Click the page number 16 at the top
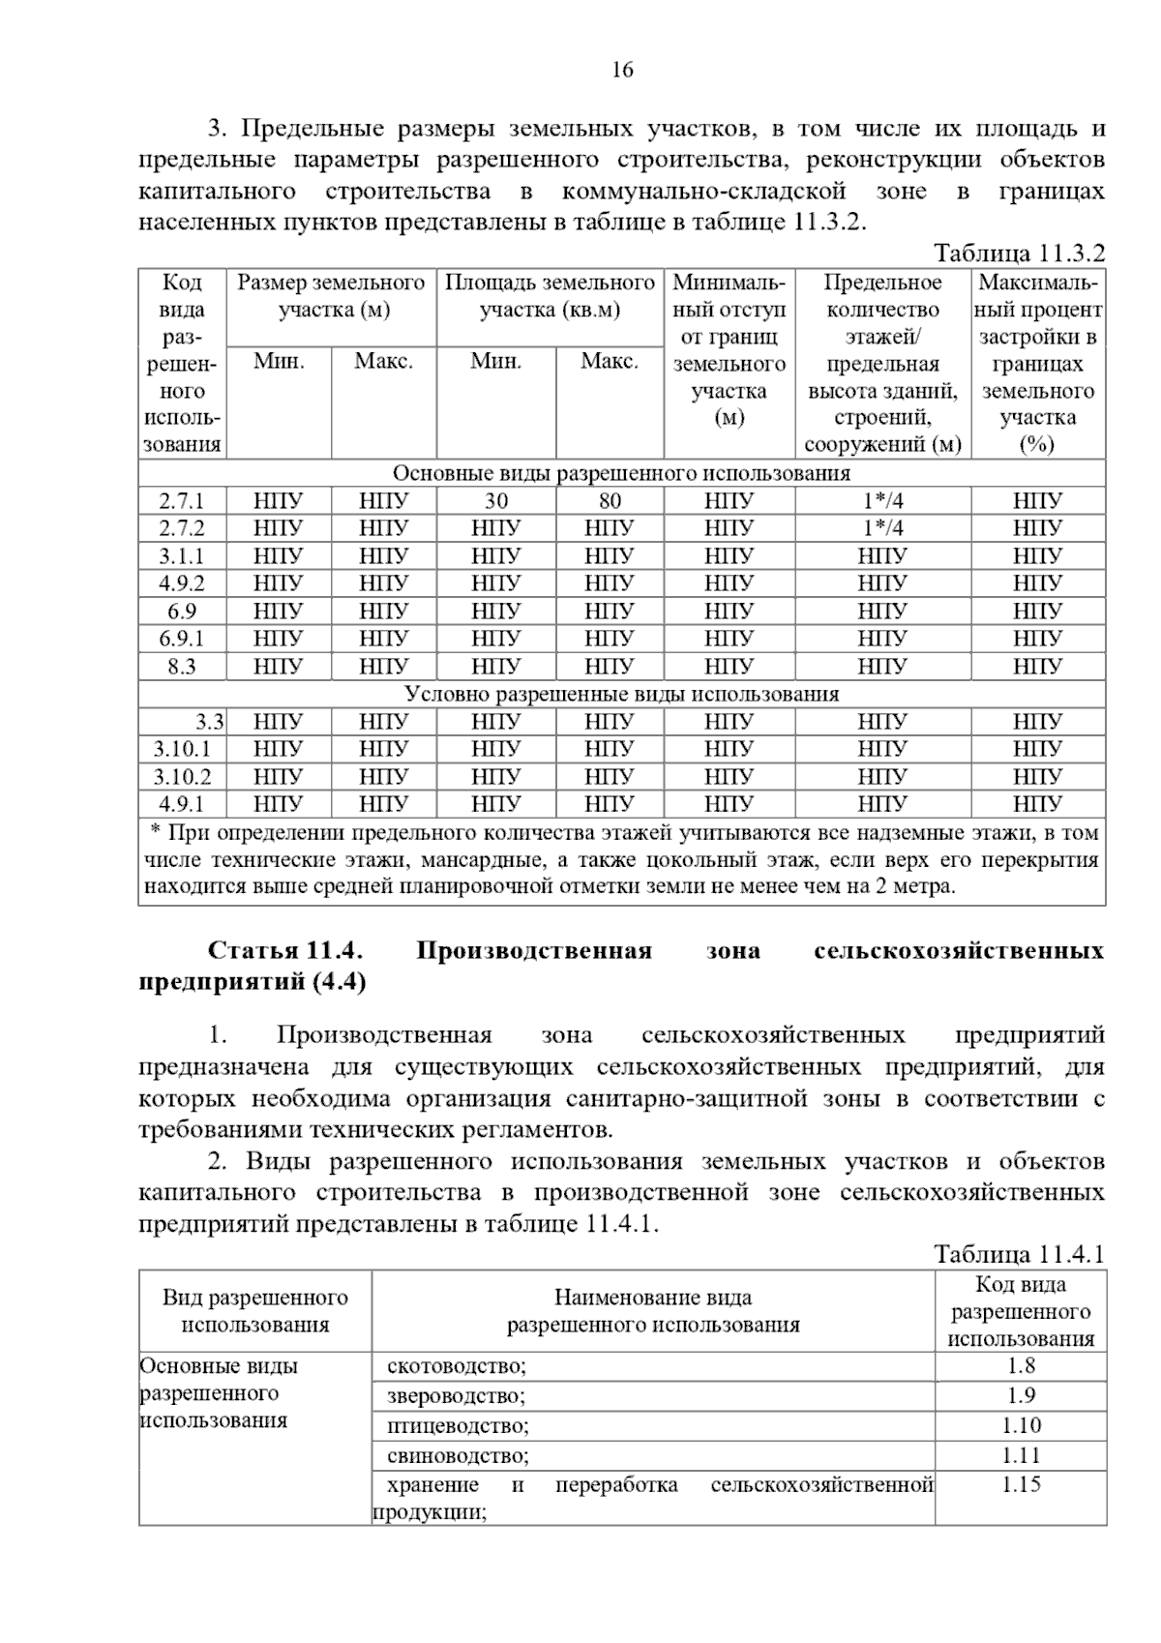[622, 71]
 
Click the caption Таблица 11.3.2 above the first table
[1018, 254]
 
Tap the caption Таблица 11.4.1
[1018, 1255]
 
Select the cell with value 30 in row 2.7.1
[496, 501]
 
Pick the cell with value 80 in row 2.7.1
[610, 501]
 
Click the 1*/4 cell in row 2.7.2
[882, 528]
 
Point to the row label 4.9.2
[182, 583]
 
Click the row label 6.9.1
[182, 639]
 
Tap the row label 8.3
[182, 667]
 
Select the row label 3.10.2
[182, 777]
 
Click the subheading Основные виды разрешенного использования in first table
[621, 473]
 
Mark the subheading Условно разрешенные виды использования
[621, 695]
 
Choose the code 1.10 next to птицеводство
[1021, 1425]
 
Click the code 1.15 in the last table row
[1021, 1484]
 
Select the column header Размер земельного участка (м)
[331, 296]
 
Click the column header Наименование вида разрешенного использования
[653, 1311]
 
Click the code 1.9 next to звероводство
[1021, 1395]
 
